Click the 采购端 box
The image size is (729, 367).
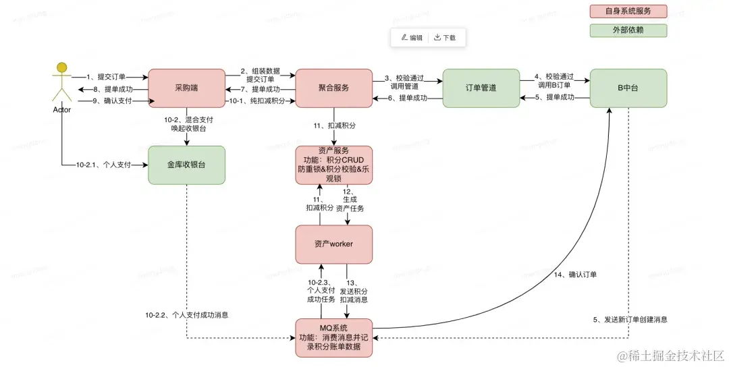[x=186, y=88]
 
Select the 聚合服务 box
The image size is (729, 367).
[x=333, y=88]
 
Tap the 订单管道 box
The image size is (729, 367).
[x=481, y=88]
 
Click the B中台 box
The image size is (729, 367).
[x=628, y=88]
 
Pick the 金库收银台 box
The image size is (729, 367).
[x=186, y=165]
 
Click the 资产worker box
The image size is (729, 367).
[x=333, y=244]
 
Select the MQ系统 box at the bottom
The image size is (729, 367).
[x=333, y=337]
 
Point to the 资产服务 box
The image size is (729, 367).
[x=333, y=164]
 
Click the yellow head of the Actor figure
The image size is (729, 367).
[x=62, y=67]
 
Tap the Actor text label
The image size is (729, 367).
[x=61, y=109]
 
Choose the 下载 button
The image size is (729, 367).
[x=445, y=38]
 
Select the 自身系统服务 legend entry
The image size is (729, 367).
[x=628, y=11]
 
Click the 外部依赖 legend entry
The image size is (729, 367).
[x=628, y=30]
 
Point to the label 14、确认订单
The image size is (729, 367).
[x=576, y=275]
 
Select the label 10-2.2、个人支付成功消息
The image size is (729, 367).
[x=186, y=315]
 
